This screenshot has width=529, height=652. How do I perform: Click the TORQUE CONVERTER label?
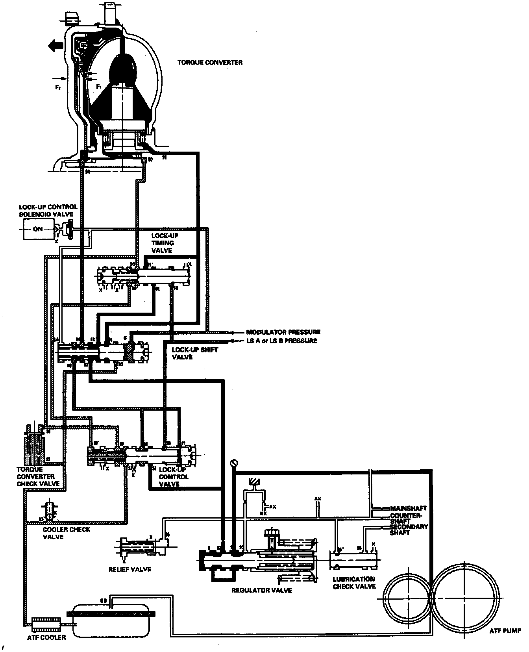pos(210,63)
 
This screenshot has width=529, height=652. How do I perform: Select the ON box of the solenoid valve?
pos(38,229)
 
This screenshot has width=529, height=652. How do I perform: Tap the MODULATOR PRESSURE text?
pos(283,332)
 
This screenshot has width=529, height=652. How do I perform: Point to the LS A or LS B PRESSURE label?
pos(281,341)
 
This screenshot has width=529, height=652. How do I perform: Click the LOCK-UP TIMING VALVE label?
pos(163,243)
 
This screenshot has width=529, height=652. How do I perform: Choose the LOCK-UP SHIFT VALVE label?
pos(189,353)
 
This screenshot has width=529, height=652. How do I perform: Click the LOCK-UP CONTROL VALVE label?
pos(173,477)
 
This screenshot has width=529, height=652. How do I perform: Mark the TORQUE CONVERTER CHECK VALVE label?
pos(38,476)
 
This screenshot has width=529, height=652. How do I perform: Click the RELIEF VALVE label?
pos(130,569)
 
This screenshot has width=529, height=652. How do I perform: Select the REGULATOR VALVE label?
pos(262,590)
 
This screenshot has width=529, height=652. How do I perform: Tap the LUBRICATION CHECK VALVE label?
pos(354,583)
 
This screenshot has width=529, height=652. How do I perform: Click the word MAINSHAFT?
pos(408,508)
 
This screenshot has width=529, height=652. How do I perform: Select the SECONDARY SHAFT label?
pos(408,530)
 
